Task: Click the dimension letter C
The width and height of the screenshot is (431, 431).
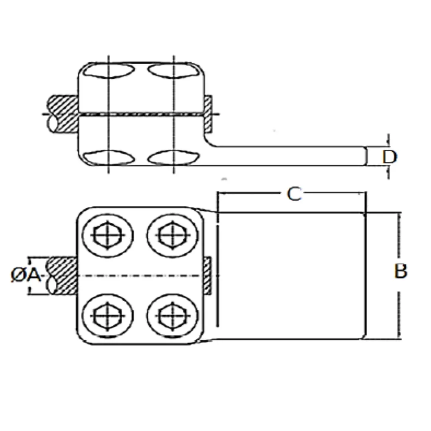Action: click(x=294, y=194)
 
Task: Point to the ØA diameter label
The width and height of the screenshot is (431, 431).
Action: click(x=26, y=275)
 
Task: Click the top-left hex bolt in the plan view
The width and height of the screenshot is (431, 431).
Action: click(x=108, y=235)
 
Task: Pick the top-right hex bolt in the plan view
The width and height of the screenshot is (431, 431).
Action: click(x=173, y=235)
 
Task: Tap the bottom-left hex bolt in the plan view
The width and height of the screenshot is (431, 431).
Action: click(x=108, y=316)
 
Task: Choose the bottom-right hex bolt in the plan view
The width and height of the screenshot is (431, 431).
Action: click(x=173, y=316)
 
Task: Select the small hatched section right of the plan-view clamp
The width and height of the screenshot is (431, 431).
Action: click(x=208, y=276)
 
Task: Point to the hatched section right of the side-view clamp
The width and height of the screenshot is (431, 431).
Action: click(x=208, y=113)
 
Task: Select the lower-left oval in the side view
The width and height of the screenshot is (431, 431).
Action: click(x=109, y=158)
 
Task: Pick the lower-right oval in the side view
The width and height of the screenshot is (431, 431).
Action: click(x=173, y=158)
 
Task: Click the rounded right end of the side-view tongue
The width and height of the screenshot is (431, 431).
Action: click(x=366, y=156)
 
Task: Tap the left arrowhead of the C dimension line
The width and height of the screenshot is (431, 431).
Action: click(x=220, y=193)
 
